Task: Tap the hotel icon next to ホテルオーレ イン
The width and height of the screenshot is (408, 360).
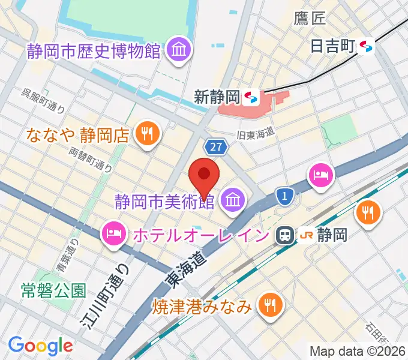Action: click(113, 232)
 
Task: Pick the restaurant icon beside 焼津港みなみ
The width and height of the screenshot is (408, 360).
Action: click(268, 306)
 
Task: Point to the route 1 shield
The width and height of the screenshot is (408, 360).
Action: click(285, 195)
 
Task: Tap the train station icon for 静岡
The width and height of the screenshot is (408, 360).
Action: click(284, 235)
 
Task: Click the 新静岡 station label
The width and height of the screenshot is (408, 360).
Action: click(217, 95)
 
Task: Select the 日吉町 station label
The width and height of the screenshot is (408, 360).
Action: click(333, 45)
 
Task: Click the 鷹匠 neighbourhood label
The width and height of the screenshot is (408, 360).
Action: click(310, 18)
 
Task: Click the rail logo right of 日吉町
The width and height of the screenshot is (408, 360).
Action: click(367, 45)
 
